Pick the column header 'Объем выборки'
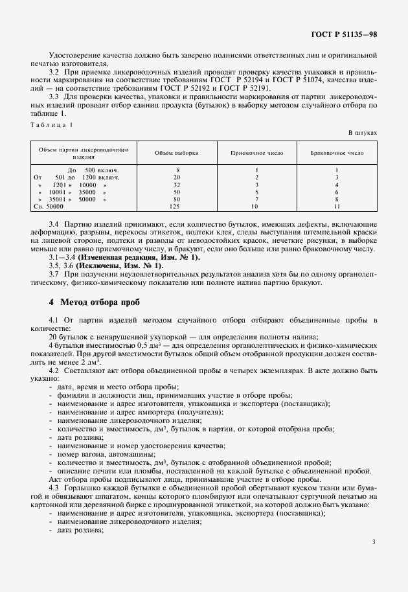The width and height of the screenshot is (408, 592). [x=177, y=153]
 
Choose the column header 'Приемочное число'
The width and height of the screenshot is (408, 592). [x=256, y=153]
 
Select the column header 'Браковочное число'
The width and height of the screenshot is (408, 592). [x=337, y=153]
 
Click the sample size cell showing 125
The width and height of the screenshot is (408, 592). [x=177, y=206]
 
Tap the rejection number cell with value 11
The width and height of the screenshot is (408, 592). [x=337, y=206]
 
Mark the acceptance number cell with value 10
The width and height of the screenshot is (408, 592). [x=256, y=206]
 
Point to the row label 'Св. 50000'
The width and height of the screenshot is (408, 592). [x=49, y=206]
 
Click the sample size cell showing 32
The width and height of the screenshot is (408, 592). [x=177, y=185]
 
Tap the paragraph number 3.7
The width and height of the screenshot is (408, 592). [x=54, y=275]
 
